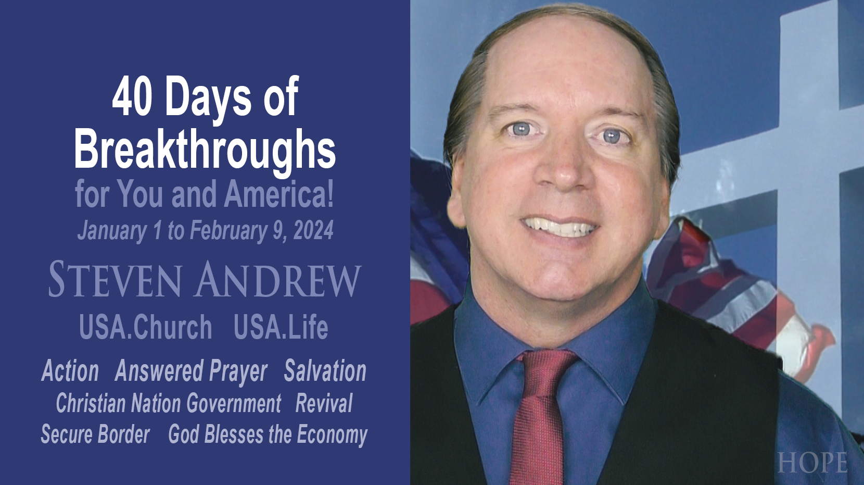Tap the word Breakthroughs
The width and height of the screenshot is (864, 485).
(205, 149)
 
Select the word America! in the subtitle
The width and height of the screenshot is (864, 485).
(279, 194)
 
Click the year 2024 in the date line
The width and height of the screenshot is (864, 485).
(313, 231)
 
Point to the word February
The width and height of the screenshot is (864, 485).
(228, 231)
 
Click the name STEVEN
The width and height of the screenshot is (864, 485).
(115, 280)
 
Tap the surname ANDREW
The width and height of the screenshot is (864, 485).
(278, 280)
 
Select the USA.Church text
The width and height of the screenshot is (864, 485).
(146, 327)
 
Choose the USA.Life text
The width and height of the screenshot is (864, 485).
(281, 327)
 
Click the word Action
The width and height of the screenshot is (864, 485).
(70, 371)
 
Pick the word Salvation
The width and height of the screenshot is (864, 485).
(325, 371)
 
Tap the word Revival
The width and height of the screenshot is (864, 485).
(324, 403)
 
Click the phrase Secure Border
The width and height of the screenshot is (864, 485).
(95, 434)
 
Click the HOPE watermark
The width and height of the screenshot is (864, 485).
(812, 463)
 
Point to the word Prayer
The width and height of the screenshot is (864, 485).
(238, 371)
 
